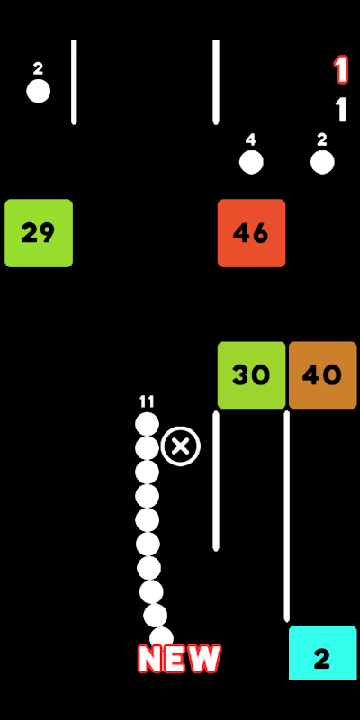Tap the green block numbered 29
click(39, 233)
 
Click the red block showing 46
click(252, 233)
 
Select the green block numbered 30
click(252, 375)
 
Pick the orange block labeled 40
click(323, 375)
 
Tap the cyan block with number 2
click(323, 652)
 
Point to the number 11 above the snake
click(147, 402)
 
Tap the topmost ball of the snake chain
click(147, 424)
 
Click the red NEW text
click(179, 659)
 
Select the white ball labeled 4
click(251, 162)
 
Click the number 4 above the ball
click(251, 140)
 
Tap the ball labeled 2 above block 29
click(38, 91)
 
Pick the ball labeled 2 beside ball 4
click(322, 162)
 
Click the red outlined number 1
click(341, 70)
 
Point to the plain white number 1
click(341, 109)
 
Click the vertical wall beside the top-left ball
click(74, 82)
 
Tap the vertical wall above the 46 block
click(216, 82)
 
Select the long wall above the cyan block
click(286, 516)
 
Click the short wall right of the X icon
click(216, 481)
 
